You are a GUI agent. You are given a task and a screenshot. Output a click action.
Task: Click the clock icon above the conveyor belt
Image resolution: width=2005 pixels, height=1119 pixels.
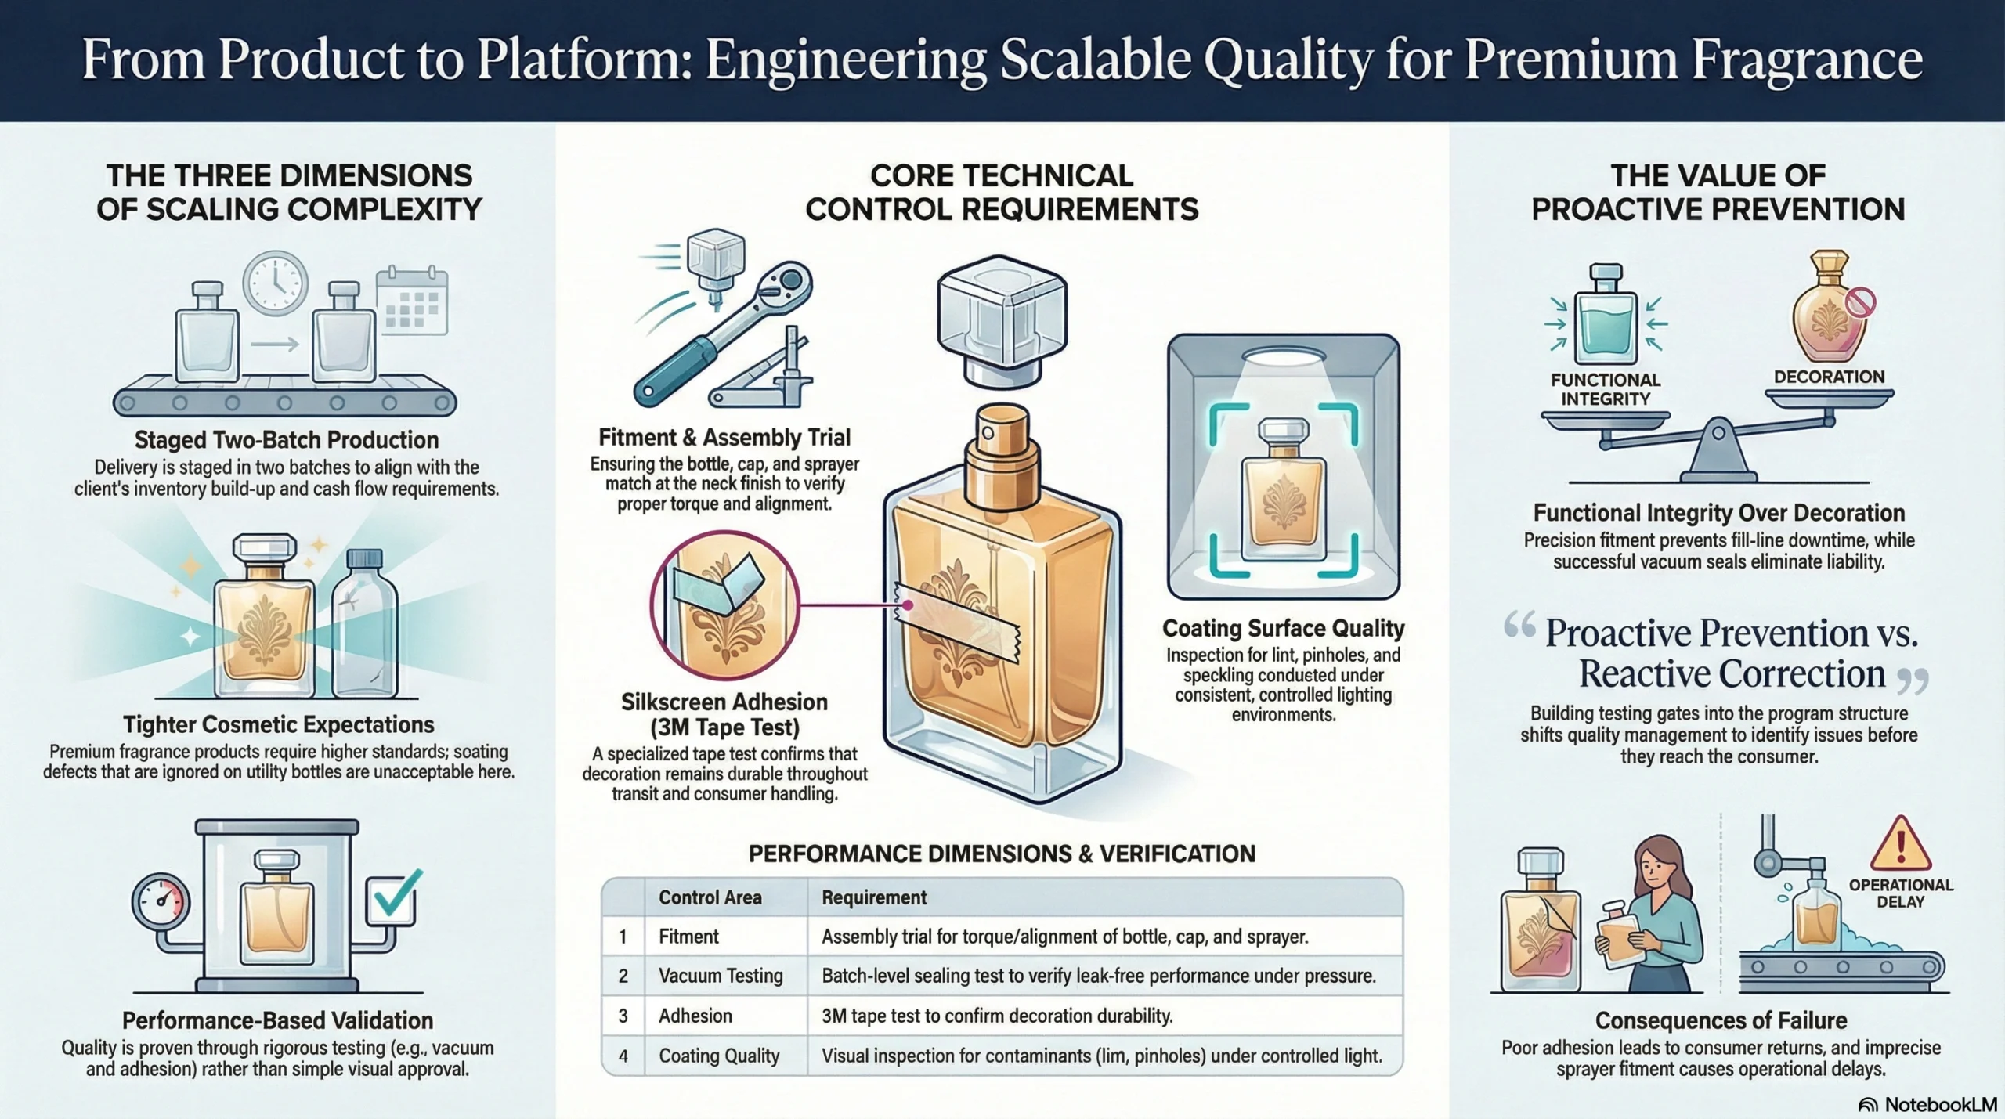tap(275, 283)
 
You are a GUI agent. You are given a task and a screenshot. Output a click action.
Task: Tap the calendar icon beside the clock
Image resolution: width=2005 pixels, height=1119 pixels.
tap(412, 301)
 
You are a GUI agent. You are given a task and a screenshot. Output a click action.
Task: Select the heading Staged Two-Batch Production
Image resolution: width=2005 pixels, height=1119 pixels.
tap(286, 440)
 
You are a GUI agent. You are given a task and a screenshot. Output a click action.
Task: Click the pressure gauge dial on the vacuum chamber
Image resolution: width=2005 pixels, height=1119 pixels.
tap(161, 903)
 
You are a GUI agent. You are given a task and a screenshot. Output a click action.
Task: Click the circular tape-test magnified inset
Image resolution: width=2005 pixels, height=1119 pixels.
tap(724, 605)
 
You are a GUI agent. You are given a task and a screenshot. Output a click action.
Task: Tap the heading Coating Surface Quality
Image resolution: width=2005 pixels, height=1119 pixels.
tap(1283, 628)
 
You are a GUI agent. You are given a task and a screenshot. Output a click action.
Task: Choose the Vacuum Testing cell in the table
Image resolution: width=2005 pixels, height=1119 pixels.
tap(721, 976)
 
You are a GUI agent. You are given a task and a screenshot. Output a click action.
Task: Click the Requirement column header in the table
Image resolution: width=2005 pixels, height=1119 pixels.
tap(873, 897)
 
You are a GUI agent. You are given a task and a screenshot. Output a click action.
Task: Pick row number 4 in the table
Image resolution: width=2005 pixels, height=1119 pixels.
tap(623, 1056)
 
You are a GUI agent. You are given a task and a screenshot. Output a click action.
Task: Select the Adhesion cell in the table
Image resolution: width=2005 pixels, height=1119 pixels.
tap(695, 1016)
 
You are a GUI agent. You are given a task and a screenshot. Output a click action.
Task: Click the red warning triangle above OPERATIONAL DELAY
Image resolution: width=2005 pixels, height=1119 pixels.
tap(1900, 845)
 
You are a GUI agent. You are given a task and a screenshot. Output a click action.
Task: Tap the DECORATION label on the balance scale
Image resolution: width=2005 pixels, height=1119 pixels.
tap(1829, 377)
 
